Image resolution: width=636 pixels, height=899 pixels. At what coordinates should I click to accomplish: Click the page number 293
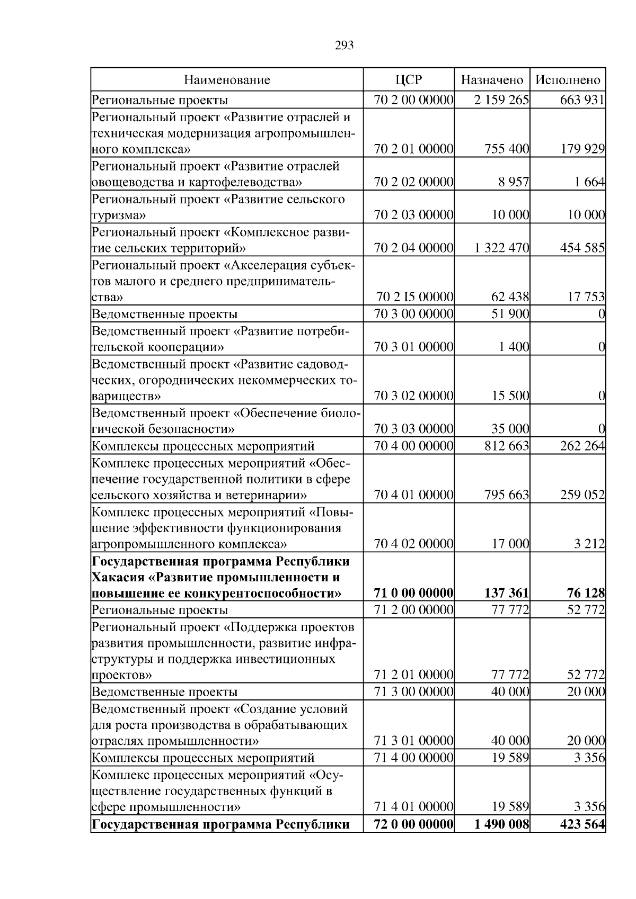pyautogui.click(x=344, y=46)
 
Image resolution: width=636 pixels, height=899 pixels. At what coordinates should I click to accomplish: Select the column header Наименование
pyautogui.click(x=227, y=80)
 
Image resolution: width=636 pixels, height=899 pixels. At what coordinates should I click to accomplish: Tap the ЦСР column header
pyautogui.click(x=409, y=80)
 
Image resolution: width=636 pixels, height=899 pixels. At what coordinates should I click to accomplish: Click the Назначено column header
pyautogui.click(x=492, y=80)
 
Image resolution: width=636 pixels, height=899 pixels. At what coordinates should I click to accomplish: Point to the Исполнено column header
pyautogui.click(x=568, y=80)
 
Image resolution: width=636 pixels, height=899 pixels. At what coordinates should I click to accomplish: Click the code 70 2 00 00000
pyautogui.click(x=413, y=100)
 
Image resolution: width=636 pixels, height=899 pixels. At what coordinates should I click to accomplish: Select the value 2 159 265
pyautogui.click(x=501, y=100)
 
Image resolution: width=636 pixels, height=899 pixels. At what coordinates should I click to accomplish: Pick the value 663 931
pyautogui.click(x=582, y=100)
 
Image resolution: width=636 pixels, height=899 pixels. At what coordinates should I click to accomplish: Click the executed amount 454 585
pyautogui.click(x=582, y=248)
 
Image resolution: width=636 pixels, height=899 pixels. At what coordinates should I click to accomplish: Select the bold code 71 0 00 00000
pyautogui.click(x=413, y=593)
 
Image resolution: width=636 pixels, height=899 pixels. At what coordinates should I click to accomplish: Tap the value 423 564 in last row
pyautogui.click(x=582, y=839)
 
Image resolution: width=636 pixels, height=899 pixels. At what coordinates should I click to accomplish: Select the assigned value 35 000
pyautogui.click(x=510, y=428)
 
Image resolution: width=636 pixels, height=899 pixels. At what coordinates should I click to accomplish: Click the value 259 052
pyautogui.click(x=582, y=495)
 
